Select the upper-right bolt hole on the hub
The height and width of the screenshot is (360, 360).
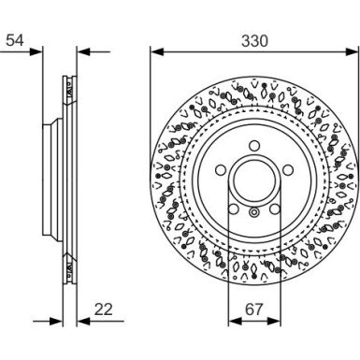tap(283, 171)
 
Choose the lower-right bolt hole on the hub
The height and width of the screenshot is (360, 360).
tap(272, 209)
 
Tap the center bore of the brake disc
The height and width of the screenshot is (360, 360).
tap(252, 181)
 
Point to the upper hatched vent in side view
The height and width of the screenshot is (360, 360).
tap(68, 88)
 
